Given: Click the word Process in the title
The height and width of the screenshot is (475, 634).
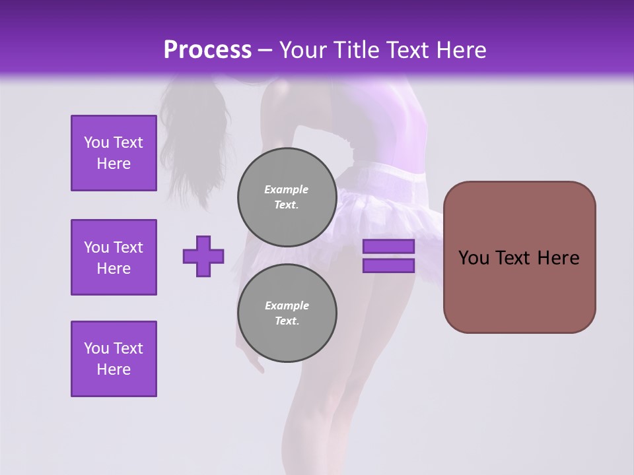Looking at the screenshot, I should pyautogui.click(x=207, y=50).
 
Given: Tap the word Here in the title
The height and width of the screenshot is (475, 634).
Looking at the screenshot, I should pyautogui.click(x=460, y=50).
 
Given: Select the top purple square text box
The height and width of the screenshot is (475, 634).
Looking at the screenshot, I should pyautogui.click(x=114, y=153).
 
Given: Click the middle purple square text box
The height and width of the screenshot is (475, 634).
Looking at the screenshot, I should pyautogui.click(x=114, y=257).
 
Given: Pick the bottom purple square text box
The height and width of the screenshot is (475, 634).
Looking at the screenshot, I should pyautogui.click(x=114, y=359).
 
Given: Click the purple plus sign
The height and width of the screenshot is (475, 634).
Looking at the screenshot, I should pyautogui.click(x=203, y=256).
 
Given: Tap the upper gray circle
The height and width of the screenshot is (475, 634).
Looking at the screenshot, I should pyautogui.click(x=287, y=197).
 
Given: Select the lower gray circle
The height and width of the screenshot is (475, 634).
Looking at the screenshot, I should pyautogui.click(x=287, y=313).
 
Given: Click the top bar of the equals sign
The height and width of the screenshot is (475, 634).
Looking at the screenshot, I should pyautogui.click(x=388, y=247).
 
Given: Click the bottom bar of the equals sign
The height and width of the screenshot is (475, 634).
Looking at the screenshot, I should pyautogui.click(x=388, y=266).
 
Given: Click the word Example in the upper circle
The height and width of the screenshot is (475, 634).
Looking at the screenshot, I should pyautogui.click(x=287, y=189).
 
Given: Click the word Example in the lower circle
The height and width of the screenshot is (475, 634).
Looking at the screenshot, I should pyautogui.click(x=287, y=305).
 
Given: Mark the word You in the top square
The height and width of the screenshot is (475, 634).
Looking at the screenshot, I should pyautogui.click(x=96, y=142).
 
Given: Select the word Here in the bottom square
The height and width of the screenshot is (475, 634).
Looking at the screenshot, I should pyautogui.click(x=114, y=369).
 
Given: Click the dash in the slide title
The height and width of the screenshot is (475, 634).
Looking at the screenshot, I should pyautogui.click(x=265, y=51).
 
